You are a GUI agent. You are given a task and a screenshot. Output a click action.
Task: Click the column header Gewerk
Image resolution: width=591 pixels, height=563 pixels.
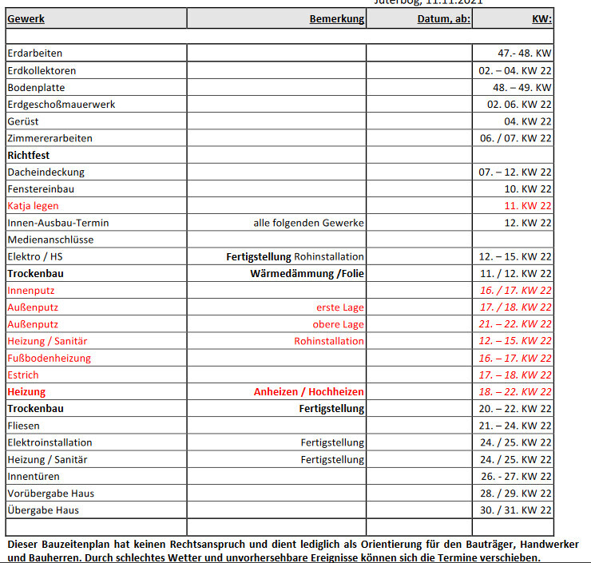26,18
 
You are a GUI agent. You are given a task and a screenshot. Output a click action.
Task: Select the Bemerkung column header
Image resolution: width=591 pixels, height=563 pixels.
336,18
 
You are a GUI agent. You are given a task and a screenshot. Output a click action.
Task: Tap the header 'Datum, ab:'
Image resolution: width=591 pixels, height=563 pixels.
443,18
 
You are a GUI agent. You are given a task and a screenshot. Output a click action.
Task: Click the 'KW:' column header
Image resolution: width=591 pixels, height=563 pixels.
541,18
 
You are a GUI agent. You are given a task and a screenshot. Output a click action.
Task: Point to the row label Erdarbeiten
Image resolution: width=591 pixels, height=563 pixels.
34,54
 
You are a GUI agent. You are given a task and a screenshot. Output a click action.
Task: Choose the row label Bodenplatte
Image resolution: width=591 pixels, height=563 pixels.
36,87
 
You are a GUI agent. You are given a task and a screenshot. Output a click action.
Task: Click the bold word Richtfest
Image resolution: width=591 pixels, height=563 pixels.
28,155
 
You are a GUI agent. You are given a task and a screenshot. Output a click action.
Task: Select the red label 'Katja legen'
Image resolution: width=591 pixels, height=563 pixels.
33,206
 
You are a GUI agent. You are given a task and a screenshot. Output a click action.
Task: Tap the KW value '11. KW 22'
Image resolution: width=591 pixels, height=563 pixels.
528,206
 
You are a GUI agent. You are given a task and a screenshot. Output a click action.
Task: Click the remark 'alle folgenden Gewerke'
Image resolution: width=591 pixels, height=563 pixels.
308,223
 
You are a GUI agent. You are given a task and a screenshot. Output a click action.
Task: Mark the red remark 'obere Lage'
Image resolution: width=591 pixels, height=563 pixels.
338,324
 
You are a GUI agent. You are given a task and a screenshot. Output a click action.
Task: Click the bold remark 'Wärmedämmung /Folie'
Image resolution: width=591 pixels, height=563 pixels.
307,273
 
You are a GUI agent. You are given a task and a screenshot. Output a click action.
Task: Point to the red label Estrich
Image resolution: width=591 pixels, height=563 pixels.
22,375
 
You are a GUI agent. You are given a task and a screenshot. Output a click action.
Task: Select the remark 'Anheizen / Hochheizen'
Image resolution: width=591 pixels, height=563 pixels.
308,392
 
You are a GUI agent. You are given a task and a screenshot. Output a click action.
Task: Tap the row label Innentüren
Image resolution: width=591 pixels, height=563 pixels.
33,477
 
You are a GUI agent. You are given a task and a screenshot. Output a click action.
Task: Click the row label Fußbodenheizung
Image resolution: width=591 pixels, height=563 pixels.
49,359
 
